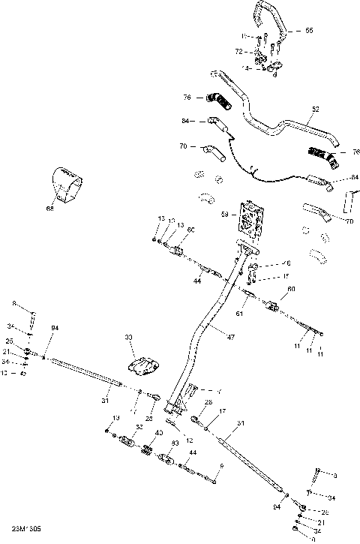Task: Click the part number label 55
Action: [310, 31]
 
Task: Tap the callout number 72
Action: [239, 52]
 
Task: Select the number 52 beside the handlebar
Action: [315, 110]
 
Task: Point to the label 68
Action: [50, 209]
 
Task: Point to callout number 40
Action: [158, 433]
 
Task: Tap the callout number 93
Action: [175, 443]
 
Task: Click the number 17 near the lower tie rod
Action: [223, 411]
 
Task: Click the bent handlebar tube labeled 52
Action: [277, 124]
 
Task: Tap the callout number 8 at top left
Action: [13, 303]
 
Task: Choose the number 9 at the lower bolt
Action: [222, 466]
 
